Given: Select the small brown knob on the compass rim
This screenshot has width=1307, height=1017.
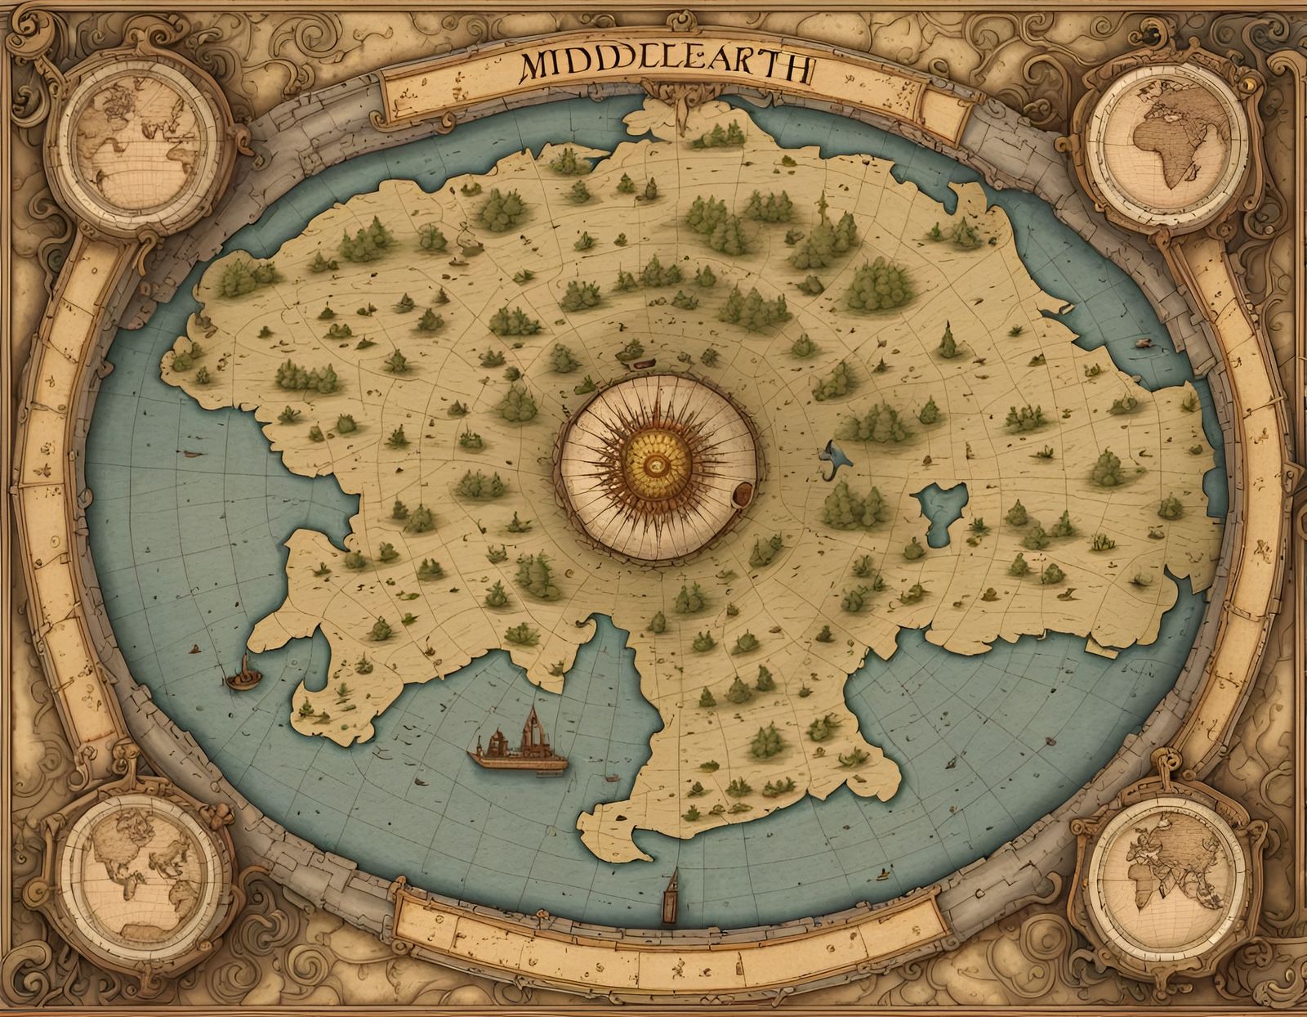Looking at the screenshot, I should coord(743,492).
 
